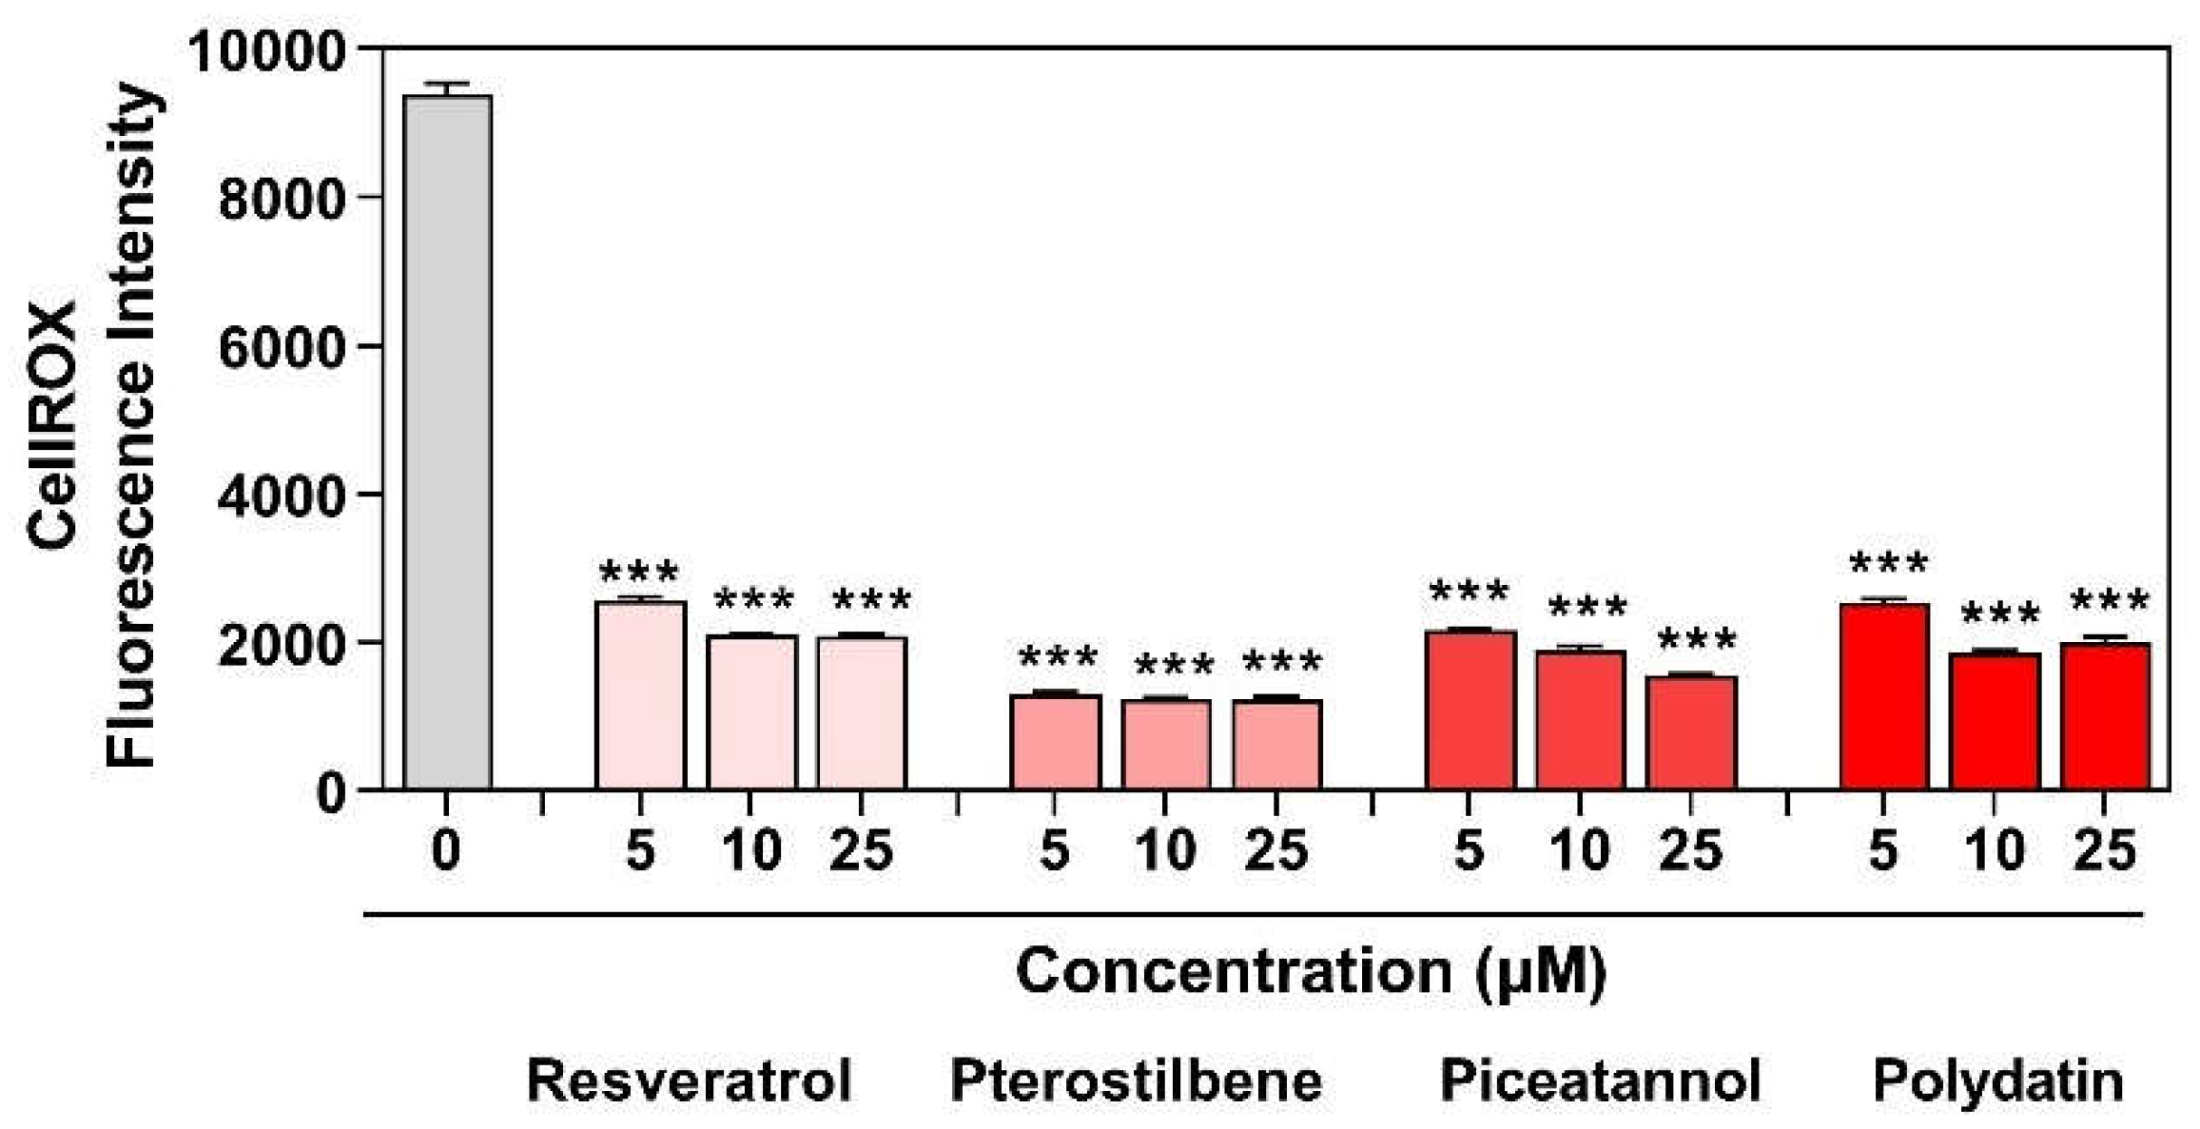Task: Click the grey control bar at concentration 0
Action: tap(447, 442)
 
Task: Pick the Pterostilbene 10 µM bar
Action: tap(1166, 745)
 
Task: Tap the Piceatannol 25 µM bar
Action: tap(1691, 733)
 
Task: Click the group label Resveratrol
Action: tap(690, 1081)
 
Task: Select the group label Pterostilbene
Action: tap(1136, 1081)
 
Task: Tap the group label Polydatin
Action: tap(1997, 1081)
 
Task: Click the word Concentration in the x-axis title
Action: tap(1232, 972)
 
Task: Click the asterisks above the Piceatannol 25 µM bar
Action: tap(1697, 640)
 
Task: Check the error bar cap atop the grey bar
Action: tap(447, 84)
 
